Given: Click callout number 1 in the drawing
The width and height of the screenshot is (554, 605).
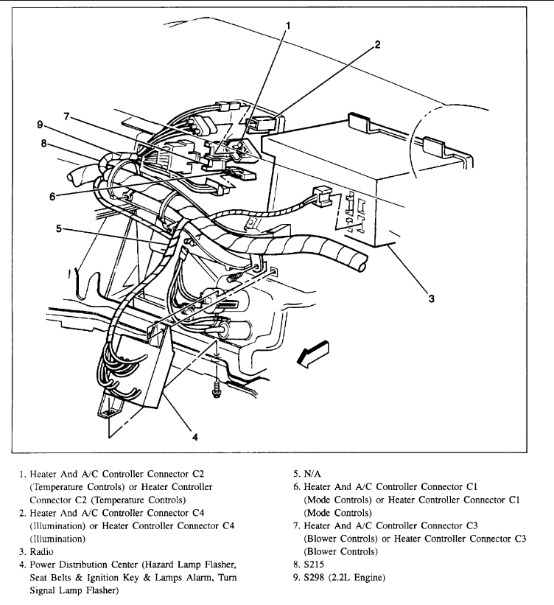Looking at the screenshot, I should point(288,25).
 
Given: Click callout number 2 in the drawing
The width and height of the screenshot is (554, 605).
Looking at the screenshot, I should point(377,44).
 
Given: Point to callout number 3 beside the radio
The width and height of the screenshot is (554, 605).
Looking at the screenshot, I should point(432,298).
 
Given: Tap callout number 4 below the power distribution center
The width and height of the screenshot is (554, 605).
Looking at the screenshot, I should point(195,436).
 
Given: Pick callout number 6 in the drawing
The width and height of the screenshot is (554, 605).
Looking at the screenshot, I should point(52,196).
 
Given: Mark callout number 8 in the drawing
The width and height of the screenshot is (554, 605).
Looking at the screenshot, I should point(44,144).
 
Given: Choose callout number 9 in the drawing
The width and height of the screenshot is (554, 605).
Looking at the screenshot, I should point(41,125).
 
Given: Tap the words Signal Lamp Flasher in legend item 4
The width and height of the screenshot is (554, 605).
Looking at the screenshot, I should point(71,590).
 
